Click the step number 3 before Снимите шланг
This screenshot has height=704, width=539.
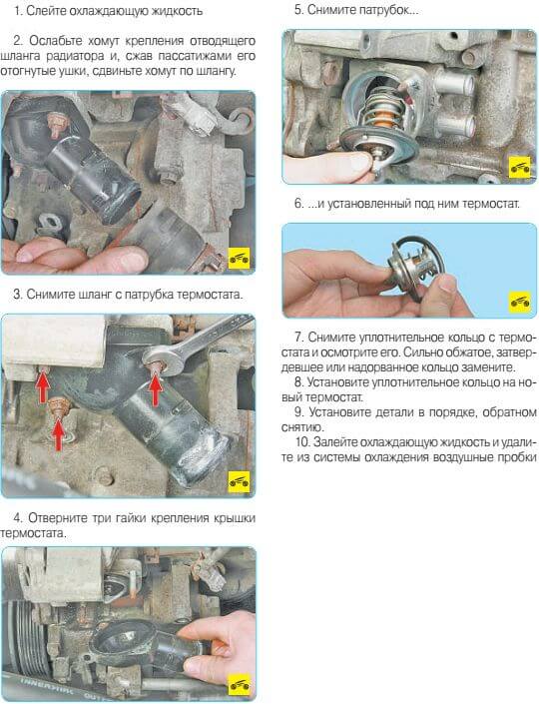tap(18, 295)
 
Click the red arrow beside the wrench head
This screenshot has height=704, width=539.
tap(156, 389)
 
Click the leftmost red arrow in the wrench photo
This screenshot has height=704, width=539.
tap(43, 387)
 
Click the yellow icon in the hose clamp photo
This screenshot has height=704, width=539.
tap(239, 258)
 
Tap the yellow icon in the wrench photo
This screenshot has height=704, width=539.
tap(239, 481)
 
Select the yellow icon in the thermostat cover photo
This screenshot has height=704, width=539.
tap(239, 684)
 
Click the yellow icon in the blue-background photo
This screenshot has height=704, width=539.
tap(520, 302)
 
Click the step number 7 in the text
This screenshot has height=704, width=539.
tap(298, 337)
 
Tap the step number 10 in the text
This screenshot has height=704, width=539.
tap(302, 442)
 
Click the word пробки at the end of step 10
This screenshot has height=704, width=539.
tap(516, 457)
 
